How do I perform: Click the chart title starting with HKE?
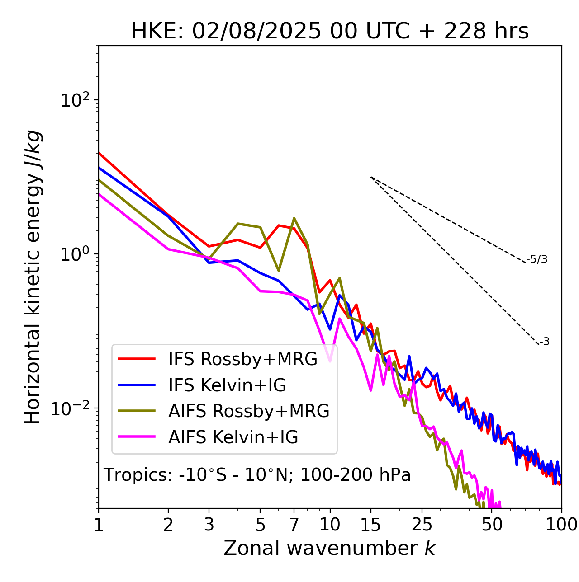(330, 31)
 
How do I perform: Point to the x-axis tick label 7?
(294, 525)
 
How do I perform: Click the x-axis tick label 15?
(370, 525)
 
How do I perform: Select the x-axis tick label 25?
(422, 525)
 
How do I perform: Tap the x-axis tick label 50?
(492, 525)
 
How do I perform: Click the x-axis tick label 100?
(561, 525)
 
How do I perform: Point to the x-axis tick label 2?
(168, 525)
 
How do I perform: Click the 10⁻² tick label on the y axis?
(71, 408)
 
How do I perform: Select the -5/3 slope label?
(536, 259)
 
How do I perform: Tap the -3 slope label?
(544, 342)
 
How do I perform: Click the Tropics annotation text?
(257, 474)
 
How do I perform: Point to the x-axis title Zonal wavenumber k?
(330, 548)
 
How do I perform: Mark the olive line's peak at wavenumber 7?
(294, 218)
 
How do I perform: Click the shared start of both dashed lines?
(371, 177)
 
